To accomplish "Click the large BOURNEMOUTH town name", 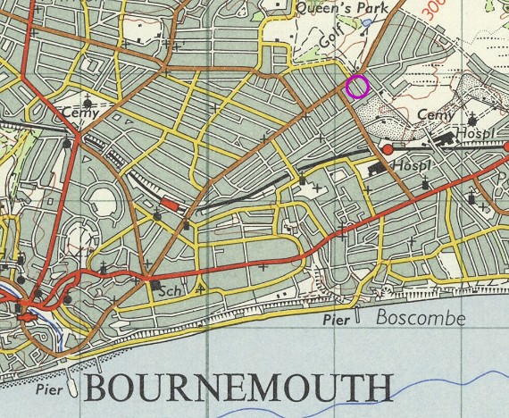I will pos(238,389).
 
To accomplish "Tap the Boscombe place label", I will pos(410,317).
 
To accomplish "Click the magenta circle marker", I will pos(357,87).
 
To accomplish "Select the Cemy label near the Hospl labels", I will pos(435,115).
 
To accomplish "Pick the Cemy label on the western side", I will pos(79,113).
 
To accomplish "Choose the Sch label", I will pos(170,292).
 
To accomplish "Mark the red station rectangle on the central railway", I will pos(170,205).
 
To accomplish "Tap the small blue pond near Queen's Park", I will pos(367,21).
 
